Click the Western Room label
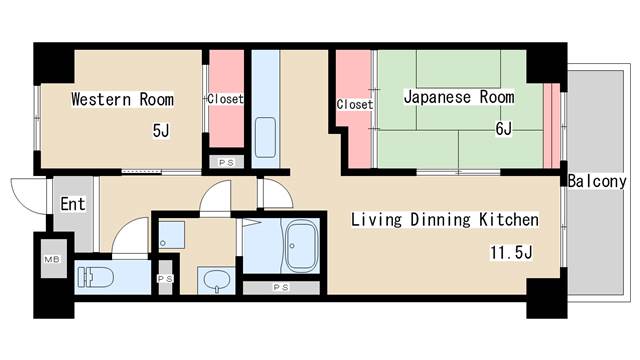pyautogui.click(x=122, y=99)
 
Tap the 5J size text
pyautogui.click(x=160, y=131)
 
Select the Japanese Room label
pyautogui.click(x=459, y=97)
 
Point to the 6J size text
pyautogui.click(x=503, y=129)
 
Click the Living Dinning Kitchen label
pyautogui.click(x=444, y=219)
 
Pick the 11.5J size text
pyautogui.click(x=510, y=251)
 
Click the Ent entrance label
pyautogui.click(x=72, y=205)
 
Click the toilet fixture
pyautogui.click(x=98, y=275)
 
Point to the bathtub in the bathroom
pyautogui.click(x=301, y=246)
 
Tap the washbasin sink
pyautogui.click(x=213, y=280)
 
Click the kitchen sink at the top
pyautogui.click(x=265, y=137)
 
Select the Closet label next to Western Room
pyautogui.click(x=226, y=99)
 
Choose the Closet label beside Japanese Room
pyautogui.click(x=354, y=104)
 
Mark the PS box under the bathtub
pyautogui.click(x=283, y=288)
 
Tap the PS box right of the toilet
pyautogui.click(x=165, y=279)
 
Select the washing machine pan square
pyautogui.click(x=171, y=236)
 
